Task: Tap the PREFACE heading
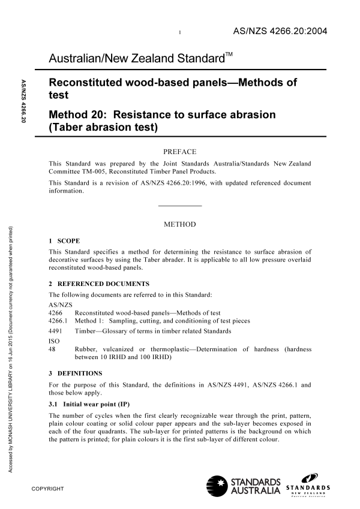click(180, 152)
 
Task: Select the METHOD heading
click(180, 224)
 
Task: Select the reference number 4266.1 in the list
click(58, 321)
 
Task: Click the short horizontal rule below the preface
click(180, 206)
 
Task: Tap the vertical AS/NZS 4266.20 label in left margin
click(23, 102)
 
